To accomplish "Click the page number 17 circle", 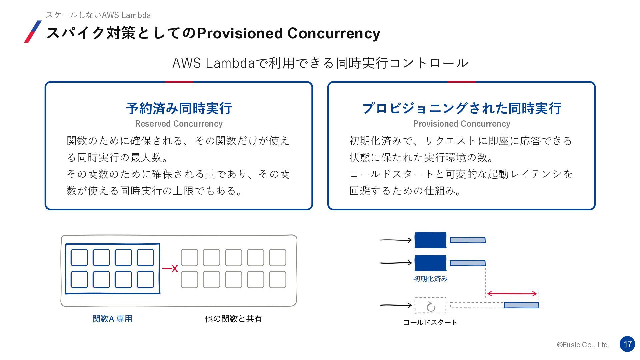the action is [627, 344].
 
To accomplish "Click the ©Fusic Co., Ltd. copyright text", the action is [583, 345].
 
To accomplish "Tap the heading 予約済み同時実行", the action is [179, 108].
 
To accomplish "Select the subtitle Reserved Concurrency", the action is [179, 124].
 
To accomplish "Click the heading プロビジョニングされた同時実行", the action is [462, 108].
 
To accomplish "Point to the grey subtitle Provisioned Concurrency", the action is [462, 124].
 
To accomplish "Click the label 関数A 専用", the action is [112, 319].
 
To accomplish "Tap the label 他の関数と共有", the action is [233, 319].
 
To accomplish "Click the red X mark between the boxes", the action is [175, 268].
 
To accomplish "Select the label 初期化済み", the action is [430, 279].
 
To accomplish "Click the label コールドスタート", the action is [430, 322].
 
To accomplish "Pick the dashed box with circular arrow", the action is [430, 305].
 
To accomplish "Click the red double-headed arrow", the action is [512, 294].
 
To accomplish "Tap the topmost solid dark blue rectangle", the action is [430, 240].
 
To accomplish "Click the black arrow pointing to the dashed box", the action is [396, 305].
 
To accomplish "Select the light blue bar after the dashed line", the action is [521, 305].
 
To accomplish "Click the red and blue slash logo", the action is [33, 32].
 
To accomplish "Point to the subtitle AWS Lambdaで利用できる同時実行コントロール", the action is [320, 63].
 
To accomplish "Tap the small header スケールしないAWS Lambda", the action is [98, 15].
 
